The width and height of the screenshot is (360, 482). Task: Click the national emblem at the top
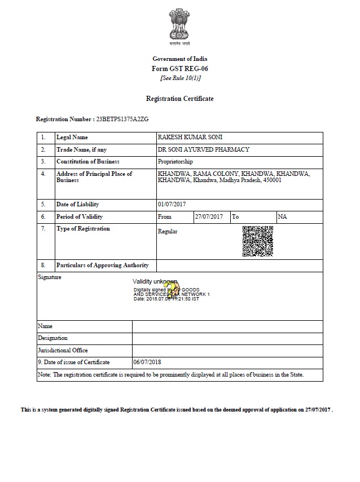(179, 25)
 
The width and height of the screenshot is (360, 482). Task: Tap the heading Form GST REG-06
(179, 68)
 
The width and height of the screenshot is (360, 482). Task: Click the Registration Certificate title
(179, 99)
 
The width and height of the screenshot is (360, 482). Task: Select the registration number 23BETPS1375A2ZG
(122, 120)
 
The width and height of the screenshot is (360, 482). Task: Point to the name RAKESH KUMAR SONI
(187, 138)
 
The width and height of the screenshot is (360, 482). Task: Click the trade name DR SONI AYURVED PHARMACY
(204, 150)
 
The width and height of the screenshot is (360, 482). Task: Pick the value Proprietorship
(178, 162)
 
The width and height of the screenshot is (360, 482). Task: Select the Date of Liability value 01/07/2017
(172, 204)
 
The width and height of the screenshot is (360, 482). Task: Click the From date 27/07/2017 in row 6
(209, 216)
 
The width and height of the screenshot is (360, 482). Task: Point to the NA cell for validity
(283, 216)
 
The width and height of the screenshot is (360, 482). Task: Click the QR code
(258, 241)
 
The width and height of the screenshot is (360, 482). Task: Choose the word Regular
(168, 232)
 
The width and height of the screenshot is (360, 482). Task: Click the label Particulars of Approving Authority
(102, 266)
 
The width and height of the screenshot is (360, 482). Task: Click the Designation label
(52, 338)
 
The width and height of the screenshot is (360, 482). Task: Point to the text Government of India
(179, 59)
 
